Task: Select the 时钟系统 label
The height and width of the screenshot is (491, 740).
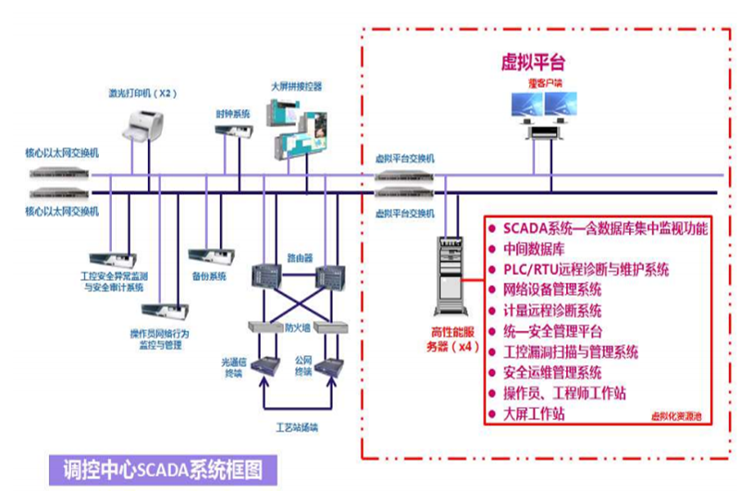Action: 234,114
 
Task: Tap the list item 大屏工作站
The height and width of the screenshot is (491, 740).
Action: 534,413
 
